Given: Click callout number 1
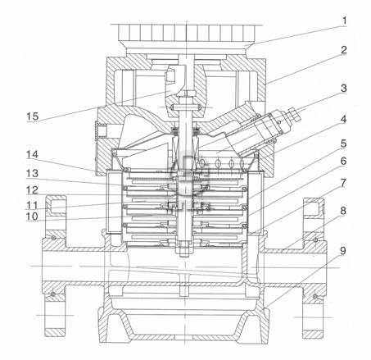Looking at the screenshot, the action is click(x=344, y=21).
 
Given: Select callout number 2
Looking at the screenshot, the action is click(x=344, y=50).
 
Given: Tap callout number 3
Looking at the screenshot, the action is click(x=344, y=88).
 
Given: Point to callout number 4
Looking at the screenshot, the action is click(x=344, y=119).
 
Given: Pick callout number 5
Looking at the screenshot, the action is click(x=343, y=144).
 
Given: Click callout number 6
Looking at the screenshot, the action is click(x=343, y=161).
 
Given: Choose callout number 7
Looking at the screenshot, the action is click(x=343, y=183).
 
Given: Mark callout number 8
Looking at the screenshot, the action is click(x=343, y=211).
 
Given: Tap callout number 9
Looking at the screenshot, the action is click(x=343, y=251).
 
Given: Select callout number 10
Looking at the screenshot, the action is click(x=32, y=216).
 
